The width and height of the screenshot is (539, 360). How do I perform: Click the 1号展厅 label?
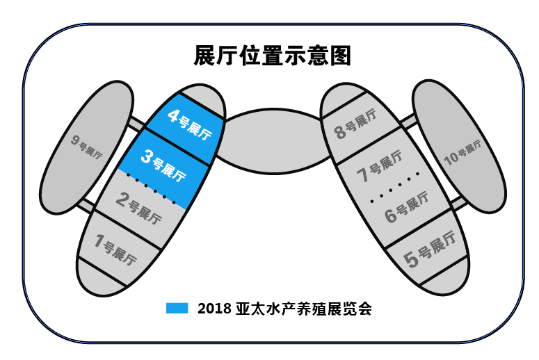(x=115, y=249)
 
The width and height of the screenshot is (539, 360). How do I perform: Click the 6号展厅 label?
(x=407, y=208)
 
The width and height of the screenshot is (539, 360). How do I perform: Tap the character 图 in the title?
(x=341, y=56)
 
